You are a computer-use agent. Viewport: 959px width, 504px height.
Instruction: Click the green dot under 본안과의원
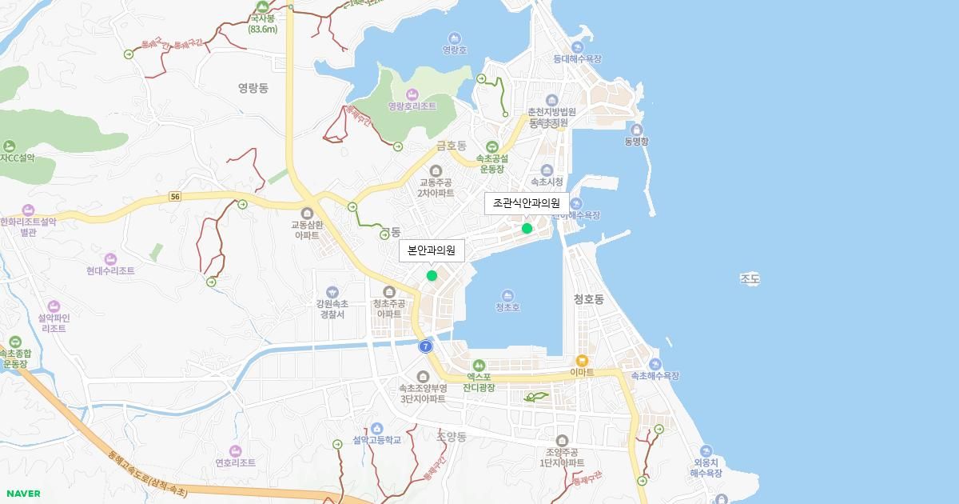click(x=432, y=276)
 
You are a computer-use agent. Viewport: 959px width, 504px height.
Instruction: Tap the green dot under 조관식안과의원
click(x=527, y=229)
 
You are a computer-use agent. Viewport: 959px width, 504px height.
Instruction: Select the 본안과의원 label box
click(x=432, y=251)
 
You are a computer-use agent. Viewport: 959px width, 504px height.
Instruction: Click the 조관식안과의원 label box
click(x=527, y=203)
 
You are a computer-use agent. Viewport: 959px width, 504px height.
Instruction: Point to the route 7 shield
click(x=426, y=346)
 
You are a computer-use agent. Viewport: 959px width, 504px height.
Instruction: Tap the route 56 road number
click(x=175, y=197)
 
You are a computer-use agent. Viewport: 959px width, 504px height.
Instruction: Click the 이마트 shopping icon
click(x=582, y=360)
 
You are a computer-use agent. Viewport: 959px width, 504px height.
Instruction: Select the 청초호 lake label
click(x=507, y=306)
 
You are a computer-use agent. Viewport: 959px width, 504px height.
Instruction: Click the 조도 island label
click(x=750, y=279)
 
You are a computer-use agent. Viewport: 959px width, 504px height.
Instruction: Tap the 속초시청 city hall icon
click(x=547, y=170)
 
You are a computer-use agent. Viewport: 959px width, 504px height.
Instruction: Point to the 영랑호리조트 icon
click(x=412, y=94)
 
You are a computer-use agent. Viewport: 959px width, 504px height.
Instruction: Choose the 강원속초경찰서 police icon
click(x=332, y=292)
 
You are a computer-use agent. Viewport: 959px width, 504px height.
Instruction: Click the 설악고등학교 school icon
click(x=377, y=428)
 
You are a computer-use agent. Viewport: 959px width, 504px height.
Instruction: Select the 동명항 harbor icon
click(x=637, y=130)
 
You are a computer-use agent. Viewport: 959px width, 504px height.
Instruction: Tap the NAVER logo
click(x=22, y=494)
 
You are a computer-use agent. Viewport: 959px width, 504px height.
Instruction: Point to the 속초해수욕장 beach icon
click(x=655, y=364)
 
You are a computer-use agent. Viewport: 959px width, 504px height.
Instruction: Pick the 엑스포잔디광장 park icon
click(x=479, y=365)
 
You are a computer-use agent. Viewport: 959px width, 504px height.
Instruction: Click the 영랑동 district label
click(x=253, y=88)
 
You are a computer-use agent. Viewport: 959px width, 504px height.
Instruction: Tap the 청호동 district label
click(x=589, y=299)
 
